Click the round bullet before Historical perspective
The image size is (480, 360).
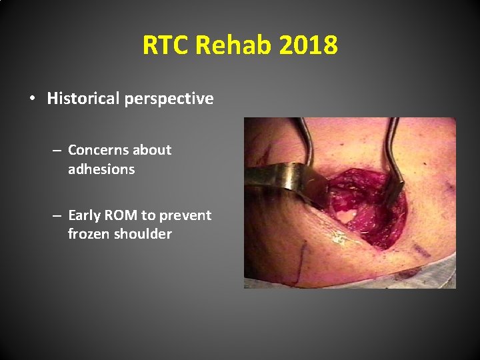32,99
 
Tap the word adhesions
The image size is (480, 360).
101,169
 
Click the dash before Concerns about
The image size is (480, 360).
58,151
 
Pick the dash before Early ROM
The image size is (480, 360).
58,216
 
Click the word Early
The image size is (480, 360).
85,215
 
